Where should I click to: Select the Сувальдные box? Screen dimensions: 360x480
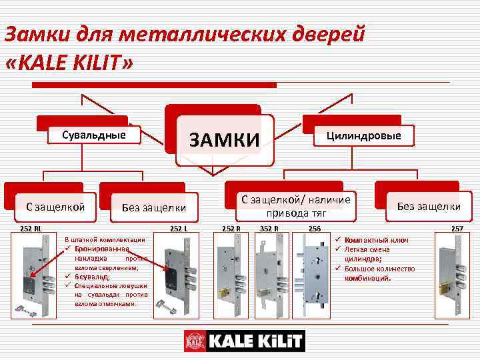[94, 135]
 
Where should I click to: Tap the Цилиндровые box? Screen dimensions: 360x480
[363, 136]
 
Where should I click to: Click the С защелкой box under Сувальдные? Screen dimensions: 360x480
[46, 207]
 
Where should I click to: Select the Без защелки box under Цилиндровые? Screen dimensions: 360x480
[429, 206]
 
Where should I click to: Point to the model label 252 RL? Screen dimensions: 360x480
[30, 229]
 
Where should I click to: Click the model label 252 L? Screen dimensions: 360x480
[179, 229]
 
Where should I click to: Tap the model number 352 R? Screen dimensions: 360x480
[269, 229]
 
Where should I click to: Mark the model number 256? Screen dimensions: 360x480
[314, 229]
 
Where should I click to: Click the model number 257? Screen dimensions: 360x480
[457, 229]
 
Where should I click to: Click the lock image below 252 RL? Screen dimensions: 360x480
[33, 273]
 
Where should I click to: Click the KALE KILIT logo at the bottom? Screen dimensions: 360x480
[244, 341]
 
